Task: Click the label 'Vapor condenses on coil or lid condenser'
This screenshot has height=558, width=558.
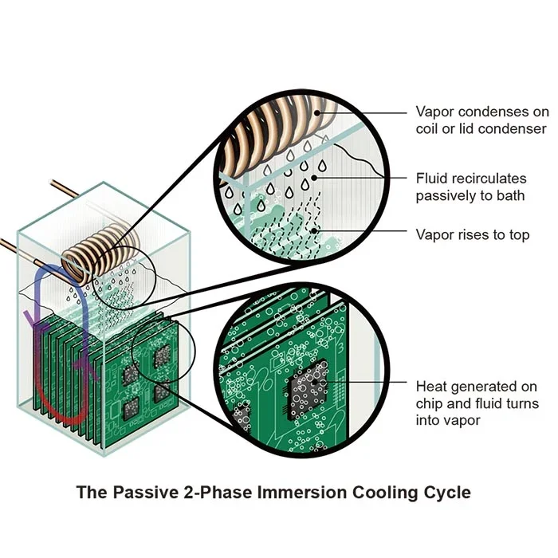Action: coord(481,120)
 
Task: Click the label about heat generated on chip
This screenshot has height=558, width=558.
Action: coord(477,403)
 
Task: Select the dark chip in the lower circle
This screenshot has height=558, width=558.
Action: coord(307,391)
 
